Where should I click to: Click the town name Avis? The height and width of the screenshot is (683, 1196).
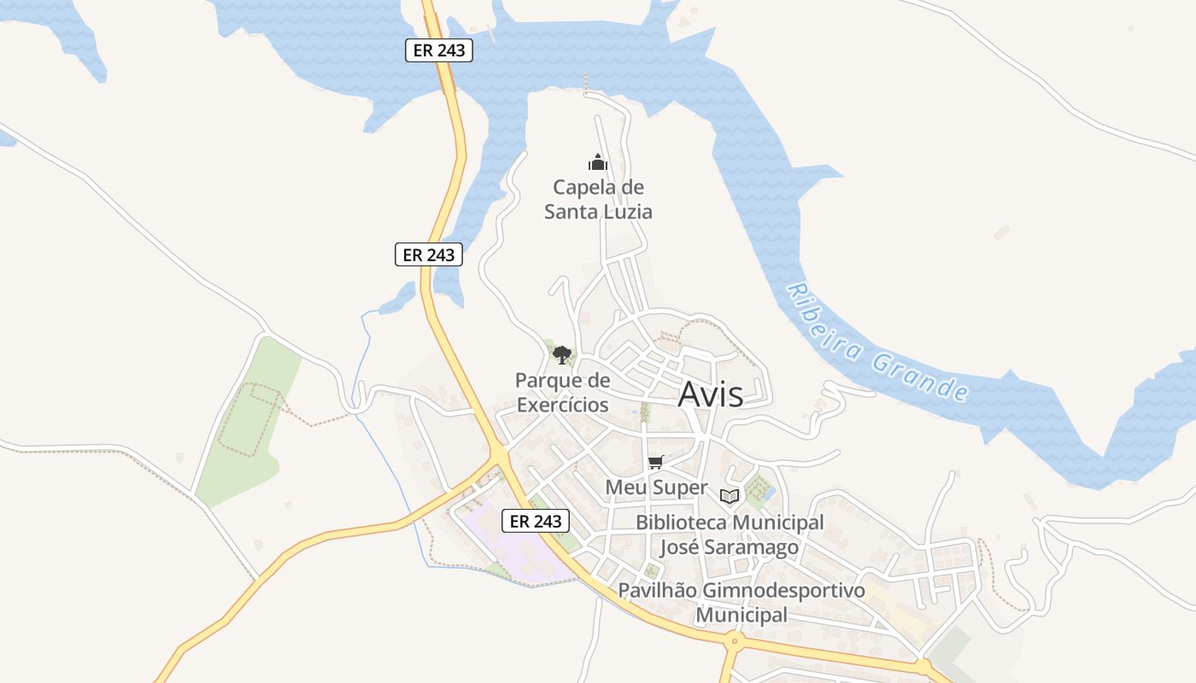pos(710,394)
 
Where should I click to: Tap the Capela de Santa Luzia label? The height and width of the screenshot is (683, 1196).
pos(598,199)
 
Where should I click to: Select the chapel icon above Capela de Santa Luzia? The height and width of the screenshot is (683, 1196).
pos(597,162)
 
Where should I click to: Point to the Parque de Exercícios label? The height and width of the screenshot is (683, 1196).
pos(562,392)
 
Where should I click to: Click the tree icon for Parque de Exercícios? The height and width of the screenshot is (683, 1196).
pos(561,354)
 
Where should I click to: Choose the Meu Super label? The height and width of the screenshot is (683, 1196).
pos(656,487)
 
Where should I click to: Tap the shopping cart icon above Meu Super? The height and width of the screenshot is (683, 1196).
pos(655,462)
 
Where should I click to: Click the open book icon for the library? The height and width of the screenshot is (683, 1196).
pos(729,496)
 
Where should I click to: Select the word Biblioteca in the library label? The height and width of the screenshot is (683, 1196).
pos(680,522)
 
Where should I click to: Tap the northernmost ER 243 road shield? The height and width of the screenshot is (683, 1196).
pos(438,50)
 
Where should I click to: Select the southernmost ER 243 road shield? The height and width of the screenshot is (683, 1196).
pos(535,521)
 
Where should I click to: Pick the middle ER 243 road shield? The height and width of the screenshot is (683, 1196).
pos(428,254)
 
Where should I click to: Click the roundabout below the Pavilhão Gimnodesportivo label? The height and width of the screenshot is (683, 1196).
pos(732,639)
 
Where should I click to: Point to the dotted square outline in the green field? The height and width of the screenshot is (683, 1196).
pos(249,419)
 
